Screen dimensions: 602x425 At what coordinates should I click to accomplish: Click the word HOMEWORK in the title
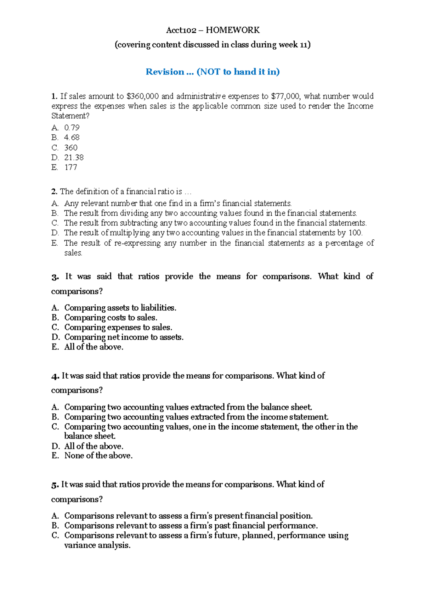point(233,30)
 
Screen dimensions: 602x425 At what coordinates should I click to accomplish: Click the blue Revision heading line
point(212,72)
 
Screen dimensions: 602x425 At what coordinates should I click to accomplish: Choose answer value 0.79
point(72,128)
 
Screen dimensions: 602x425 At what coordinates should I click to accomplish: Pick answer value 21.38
point(74,157)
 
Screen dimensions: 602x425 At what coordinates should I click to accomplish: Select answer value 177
point(70,167)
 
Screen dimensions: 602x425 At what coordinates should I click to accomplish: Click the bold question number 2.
point(54,192)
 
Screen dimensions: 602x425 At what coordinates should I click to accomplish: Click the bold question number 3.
point(55,277)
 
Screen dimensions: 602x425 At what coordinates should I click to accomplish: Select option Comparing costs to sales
point(110,318)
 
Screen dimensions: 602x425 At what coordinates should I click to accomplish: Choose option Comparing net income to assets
point(124,337)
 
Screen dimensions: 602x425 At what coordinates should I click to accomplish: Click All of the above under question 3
point(93,347)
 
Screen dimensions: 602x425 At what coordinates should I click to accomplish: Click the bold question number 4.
point(55,376)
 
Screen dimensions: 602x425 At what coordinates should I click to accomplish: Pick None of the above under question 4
point(98,456)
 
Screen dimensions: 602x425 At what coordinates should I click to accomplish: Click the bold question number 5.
point(55,485)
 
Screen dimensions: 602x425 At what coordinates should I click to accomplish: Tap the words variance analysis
point(97,545)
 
